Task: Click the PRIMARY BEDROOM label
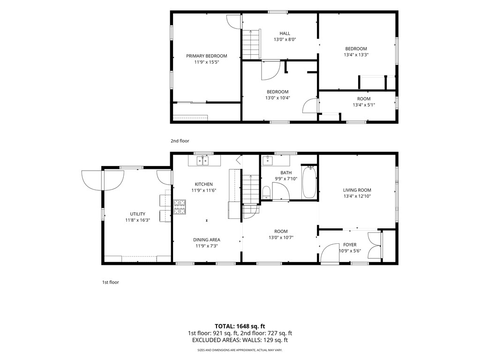click(x=207, y=56)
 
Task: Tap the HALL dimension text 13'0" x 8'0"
click(x=285, y=39)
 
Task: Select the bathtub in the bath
click(x=309, y=182)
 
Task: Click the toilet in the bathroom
click(x=266, y=192)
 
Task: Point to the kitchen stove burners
click(x=180, y=207)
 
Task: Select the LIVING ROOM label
click(x=357, y=190)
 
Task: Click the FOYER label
click(x=350, y=245)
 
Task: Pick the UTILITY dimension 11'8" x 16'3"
click(x=137, y=220)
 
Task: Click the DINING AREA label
click(x=207, y=240)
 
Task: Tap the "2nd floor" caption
click(x=180, y=141)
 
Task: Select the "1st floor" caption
click(x=111, y=282)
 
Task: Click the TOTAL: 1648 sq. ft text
click(x=240, y=326)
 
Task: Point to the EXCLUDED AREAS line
click(x=240, y=340)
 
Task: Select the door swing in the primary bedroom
click(x=233, y=22)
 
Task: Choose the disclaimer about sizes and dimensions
click(x=240, y=350)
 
